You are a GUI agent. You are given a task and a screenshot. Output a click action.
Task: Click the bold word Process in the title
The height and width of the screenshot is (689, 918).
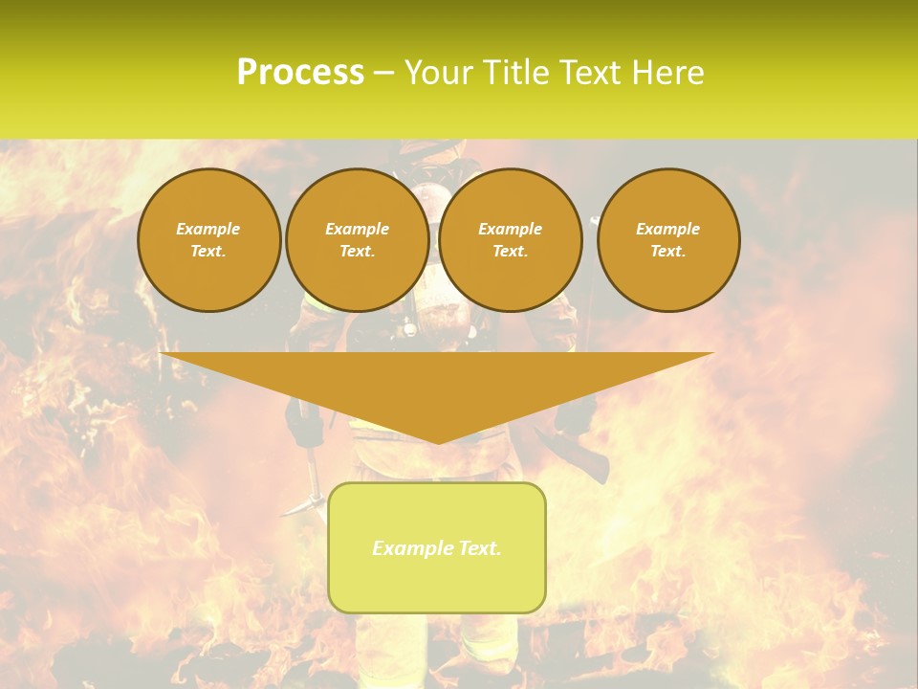pyautogui.click(x=300, y=73)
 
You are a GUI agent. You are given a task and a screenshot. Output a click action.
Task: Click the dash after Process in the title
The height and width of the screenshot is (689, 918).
pyautogui.click(x=383, y=74)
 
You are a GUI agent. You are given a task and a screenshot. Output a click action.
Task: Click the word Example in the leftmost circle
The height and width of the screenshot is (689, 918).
pyautogui.click(x=208, y=229)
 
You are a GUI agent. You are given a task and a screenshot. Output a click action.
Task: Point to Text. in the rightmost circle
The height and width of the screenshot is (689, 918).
pyautogui.click(x=668, y=251)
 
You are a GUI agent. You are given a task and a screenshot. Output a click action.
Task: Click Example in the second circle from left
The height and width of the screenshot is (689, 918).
pyautogui.click(x=358, y=229)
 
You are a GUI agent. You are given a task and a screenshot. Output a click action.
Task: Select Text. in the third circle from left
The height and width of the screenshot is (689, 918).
pyautogui.click(x=511, y=251)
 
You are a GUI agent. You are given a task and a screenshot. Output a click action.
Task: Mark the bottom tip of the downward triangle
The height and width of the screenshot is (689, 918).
pyautogui.click(x=438, y=442)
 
